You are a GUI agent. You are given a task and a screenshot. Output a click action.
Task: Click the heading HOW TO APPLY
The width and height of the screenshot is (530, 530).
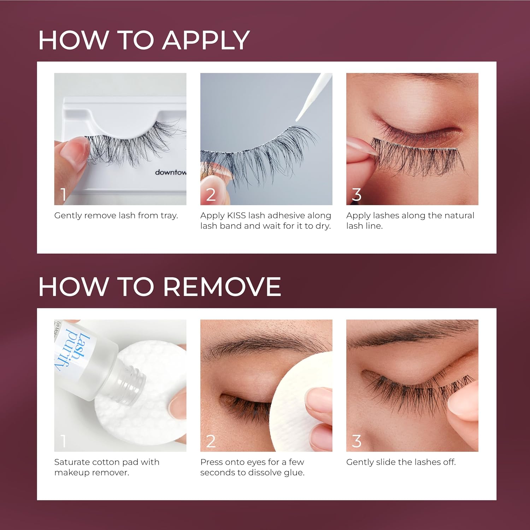click(144, 40)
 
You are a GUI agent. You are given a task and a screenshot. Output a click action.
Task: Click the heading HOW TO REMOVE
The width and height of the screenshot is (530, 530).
click(159, 287)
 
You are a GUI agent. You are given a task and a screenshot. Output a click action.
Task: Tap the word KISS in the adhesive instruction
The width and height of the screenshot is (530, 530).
click(236, 216)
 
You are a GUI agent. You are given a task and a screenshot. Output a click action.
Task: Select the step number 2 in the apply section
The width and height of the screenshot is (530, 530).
click(211, 195)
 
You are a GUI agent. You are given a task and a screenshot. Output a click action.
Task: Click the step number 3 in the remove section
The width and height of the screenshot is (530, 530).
click(357, 441)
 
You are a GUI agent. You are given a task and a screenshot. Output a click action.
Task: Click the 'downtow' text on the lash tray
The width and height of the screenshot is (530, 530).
click(171, 172)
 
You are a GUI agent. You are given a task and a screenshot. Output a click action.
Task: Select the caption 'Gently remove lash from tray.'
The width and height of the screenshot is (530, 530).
click(116, 216)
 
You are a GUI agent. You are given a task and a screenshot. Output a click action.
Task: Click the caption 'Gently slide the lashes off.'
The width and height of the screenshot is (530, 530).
click(401, 462)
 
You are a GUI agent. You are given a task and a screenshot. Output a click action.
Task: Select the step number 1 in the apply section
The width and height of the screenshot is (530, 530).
click(63, 195)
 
